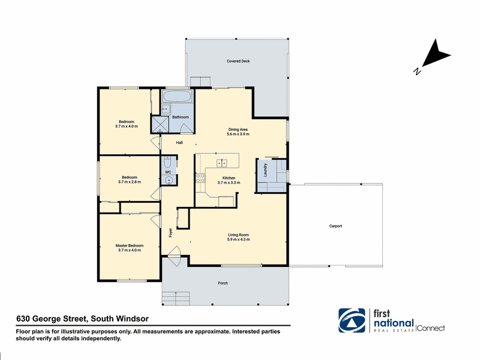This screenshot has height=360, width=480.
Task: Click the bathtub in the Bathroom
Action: [x=177, y=97]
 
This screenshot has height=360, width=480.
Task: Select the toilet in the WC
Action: [x=167, y=162]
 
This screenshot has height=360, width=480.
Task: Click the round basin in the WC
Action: [x=169, y=181]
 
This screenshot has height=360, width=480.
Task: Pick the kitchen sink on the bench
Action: [x=221, y=163]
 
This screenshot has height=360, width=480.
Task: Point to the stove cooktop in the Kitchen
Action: [x=200, y=178]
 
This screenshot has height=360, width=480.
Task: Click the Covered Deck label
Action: [x=238, y=61]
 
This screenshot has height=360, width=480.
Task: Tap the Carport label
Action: [x=335, y=226]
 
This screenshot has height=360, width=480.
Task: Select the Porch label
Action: [x=223, y=283]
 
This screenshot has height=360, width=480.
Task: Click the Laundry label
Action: [x=265, y=170]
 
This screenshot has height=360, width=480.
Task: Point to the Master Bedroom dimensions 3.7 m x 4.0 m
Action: [x=130, y=250]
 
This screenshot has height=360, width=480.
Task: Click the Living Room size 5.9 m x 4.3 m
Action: [x=238, y=239]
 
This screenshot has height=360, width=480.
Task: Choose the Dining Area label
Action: [x=238, y=130]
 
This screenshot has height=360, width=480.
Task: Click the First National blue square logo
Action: [x=352, y=320]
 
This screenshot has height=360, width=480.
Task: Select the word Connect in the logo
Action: [x=431, y=328]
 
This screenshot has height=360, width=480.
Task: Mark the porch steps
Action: [x=176, y=298]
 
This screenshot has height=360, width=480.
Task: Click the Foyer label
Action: [x=171, y=233]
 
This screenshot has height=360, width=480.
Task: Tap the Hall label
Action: [x=179, y=143]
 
